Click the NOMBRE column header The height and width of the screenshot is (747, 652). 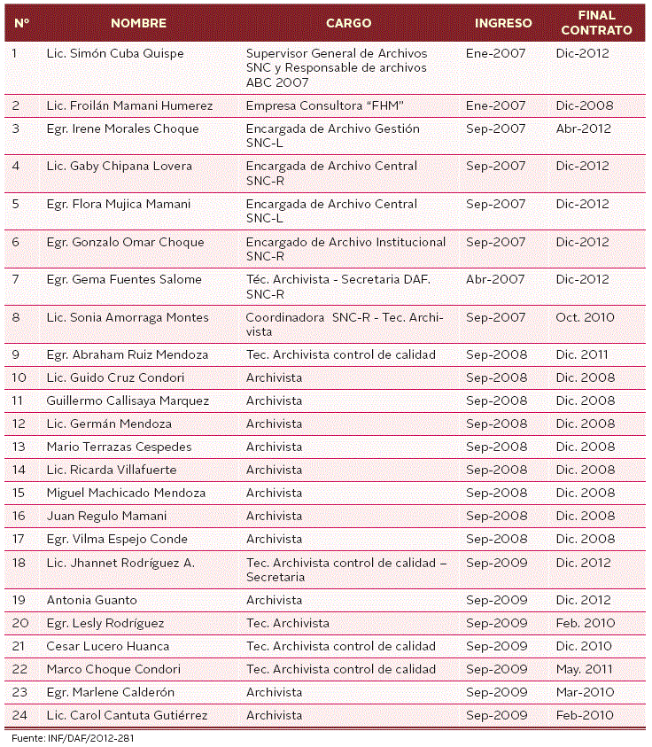pos(138,23)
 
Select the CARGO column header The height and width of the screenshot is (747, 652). pos(348,23)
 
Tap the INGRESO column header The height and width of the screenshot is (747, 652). pos(503,23)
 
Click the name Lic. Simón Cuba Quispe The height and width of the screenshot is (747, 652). pos(115,53)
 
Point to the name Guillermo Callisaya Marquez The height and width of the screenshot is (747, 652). pos(128,401)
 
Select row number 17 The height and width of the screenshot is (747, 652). pos(19,539)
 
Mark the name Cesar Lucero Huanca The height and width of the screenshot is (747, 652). pos(108,646)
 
